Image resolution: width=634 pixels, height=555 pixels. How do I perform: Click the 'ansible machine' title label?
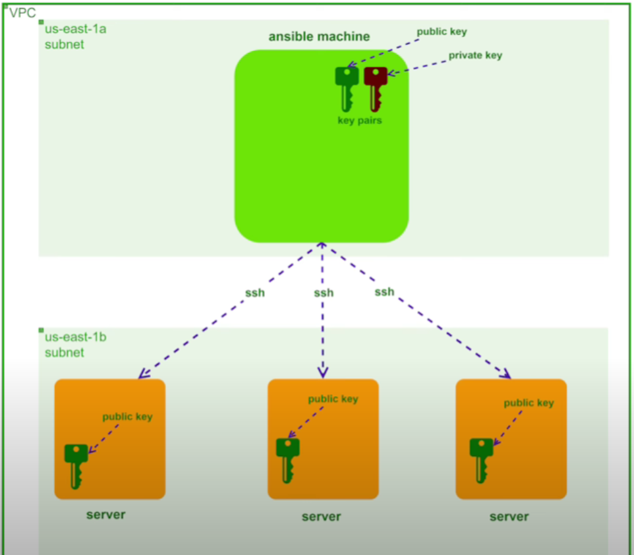point(319,36)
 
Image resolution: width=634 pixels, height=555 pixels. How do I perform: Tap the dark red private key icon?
point(375,88)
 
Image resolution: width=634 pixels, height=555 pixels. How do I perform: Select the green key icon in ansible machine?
point(347,88)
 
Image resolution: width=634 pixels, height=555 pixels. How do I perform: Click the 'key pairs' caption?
point(359,121)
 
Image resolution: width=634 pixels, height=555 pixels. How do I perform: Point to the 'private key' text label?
point(475,55)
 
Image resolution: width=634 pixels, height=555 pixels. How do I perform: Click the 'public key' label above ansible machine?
point(442,32)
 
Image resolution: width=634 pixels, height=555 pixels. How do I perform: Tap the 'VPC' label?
point(22,13)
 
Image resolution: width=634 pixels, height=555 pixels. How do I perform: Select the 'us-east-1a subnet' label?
point(65,37)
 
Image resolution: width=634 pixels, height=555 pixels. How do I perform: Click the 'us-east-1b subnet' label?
point(65,345)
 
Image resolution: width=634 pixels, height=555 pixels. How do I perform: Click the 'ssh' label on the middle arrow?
point(324,293)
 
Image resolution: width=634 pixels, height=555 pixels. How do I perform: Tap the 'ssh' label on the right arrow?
point(384,292)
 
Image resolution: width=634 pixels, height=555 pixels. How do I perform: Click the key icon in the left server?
point(76,465)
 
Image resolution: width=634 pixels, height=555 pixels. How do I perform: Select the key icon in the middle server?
point(287,460)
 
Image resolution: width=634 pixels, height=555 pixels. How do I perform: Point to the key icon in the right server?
point(482,460)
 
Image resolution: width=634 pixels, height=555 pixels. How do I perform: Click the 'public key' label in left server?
point(127,417)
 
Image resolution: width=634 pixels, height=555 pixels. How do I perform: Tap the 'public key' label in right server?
point(529,403)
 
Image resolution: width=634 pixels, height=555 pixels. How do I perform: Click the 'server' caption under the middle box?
point(321,517)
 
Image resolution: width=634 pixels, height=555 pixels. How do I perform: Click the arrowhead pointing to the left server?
point(142,374)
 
